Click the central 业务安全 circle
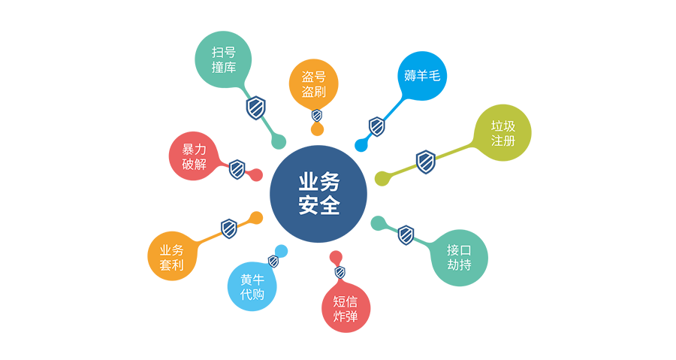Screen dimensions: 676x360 (318, 194)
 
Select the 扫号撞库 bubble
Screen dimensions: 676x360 (223, 59)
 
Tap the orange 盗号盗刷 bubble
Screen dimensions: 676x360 (313, 84)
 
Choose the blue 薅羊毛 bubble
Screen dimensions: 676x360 (422, 76)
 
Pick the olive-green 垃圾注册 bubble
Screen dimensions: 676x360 (502, 133)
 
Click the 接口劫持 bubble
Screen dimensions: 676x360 (459, 257)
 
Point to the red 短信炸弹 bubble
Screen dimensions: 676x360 (346, 308)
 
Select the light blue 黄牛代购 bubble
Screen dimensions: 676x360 (252, 286)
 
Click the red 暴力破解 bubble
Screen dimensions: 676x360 (194, 156)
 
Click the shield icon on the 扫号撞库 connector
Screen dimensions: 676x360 (255, 107)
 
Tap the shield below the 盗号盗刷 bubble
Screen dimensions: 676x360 (317, 115)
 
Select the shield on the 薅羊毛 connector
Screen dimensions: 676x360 (377, 127)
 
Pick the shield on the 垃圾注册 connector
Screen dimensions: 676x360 (426, 162)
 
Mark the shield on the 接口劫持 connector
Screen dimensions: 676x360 (406, 235)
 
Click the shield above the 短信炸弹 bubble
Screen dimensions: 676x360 (340, 273)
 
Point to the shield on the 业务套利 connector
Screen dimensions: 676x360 (229, 228)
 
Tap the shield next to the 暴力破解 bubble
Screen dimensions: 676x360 (237, 169)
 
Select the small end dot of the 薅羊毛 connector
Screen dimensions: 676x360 (361, 146)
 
